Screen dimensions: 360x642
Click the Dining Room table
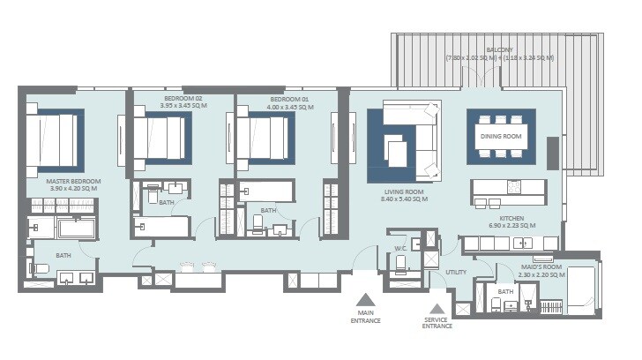tap(501, 137)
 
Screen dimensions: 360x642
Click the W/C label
tap(399, 248)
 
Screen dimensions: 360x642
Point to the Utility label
tap(455, 272)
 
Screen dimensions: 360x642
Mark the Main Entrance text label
tap(369, 317)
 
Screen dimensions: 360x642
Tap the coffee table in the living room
tap(398, 153)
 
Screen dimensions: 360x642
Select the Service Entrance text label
tap(437, 323)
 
